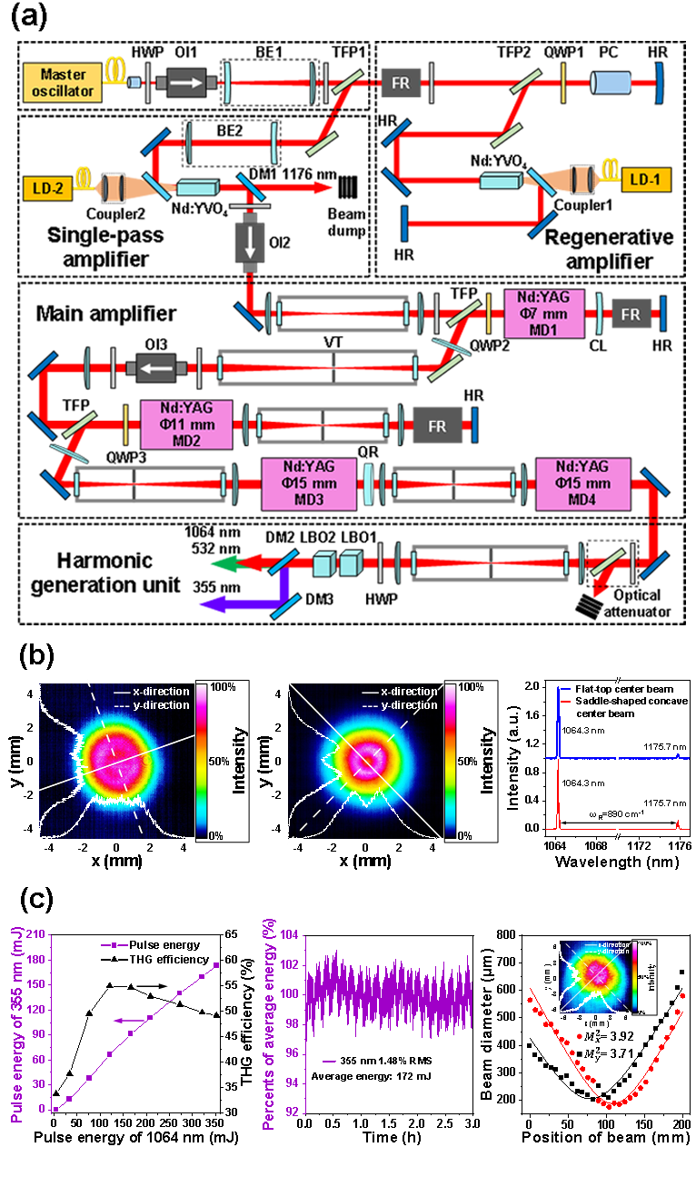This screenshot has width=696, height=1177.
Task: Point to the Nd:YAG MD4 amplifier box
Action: click(572, 484)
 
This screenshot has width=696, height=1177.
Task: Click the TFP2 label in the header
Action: click(526, 34)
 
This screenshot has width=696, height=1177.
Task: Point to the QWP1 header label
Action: click(572, 34)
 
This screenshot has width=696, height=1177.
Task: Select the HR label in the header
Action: click(661, 34)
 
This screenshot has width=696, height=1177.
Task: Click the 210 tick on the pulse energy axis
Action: click(36, 935)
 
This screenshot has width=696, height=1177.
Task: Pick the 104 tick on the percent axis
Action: click(289, 935)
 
